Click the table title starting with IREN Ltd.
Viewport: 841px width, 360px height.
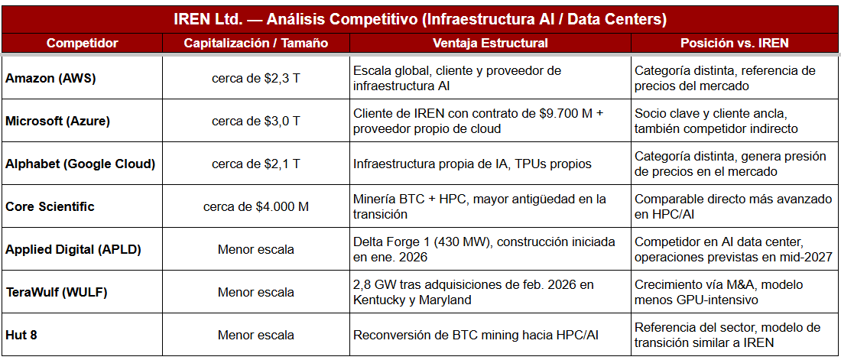pyautogui.click(x=420, y=18)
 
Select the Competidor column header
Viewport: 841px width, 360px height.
pyautogui.click(x=82, y=43)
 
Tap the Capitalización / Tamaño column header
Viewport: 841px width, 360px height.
pyautogui.click(x=255, y=43)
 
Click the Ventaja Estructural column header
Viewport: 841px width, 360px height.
pyautogui.click(x=490, y=43)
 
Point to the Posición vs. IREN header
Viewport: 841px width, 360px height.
pyautogui.click(x=735, y=43)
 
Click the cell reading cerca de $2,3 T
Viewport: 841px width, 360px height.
pyautogui.click(x=255, y=78)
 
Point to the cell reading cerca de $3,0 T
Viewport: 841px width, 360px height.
pyautogui.click(x=255, y=121)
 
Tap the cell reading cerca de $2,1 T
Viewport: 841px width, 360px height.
pyautogui.click(x=255, y=164)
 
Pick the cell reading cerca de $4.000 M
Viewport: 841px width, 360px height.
pyautogui.click(x=255, y=206)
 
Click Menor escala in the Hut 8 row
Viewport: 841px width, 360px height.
pyautogui.click(x=255, y=335)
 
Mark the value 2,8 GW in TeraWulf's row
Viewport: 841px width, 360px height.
pyautogui.click(x=373, y=284)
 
